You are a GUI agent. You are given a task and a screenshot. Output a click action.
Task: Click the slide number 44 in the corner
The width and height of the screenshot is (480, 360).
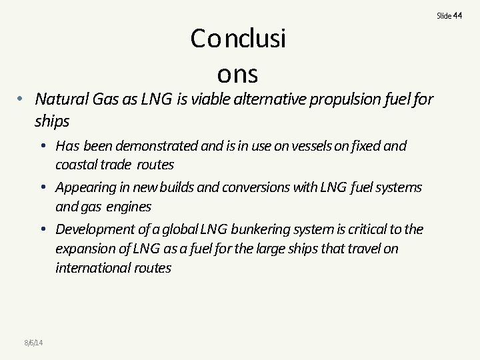[457, 15]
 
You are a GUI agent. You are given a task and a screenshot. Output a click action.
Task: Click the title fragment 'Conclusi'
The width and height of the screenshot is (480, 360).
[238, 39]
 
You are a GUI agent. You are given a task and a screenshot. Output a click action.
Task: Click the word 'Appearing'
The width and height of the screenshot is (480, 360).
[87, 187]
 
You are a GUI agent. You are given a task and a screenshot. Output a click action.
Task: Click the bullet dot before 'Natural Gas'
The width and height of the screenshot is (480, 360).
[22, 99]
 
